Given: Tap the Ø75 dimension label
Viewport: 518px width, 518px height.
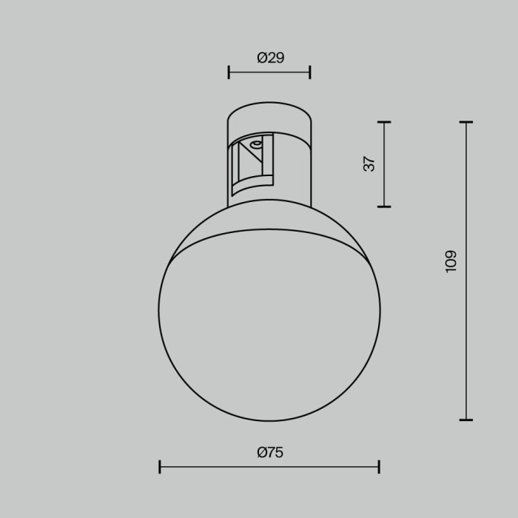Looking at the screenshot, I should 270,453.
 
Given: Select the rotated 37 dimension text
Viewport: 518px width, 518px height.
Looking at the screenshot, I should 370,164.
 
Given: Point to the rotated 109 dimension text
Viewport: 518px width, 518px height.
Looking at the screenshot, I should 451,260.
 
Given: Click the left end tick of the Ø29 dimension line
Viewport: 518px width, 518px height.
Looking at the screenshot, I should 229,72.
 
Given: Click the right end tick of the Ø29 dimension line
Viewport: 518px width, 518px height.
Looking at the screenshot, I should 309,72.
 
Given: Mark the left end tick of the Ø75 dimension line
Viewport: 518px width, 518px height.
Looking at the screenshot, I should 161,466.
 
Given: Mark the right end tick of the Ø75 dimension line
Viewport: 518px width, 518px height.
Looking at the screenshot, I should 379,466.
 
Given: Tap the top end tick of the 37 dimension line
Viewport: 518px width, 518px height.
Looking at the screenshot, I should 384,122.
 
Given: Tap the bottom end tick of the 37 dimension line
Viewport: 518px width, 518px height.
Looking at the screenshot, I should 384,206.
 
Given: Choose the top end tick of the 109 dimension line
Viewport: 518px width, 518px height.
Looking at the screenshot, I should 465,122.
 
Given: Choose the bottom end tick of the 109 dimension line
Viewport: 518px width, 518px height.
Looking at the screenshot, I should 465,420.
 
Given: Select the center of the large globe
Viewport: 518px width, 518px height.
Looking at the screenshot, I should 269,311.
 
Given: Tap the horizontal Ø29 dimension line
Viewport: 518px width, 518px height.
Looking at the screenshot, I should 269,72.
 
